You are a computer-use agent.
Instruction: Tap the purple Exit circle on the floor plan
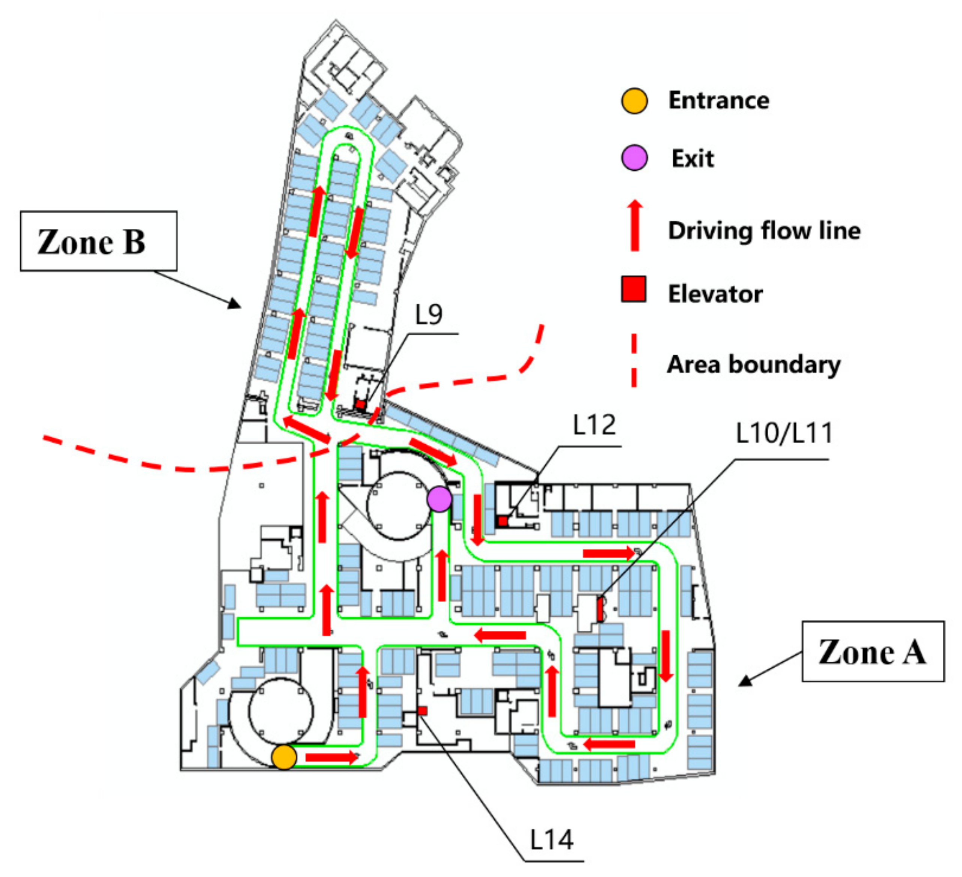click(x=439, y=499)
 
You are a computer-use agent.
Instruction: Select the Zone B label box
click(x=98, y=241)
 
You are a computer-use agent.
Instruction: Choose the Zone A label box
click(x=873, y=651)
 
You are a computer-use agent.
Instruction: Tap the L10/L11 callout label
click(x=784, y=433)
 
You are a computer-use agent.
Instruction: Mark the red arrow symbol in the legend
click(x=635, y=225)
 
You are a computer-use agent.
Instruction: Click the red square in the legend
click(x=634, y=289)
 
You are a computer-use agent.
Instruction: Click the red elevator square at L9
click(x=360, y=405)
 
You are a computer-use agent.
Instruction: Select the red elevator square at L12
click(x=503, y=521)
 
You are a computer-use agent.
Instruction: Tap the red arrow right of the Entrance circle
click(x=331, y=757)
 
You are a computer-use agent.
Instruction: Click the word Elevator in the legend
click(x=715, y=294)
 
